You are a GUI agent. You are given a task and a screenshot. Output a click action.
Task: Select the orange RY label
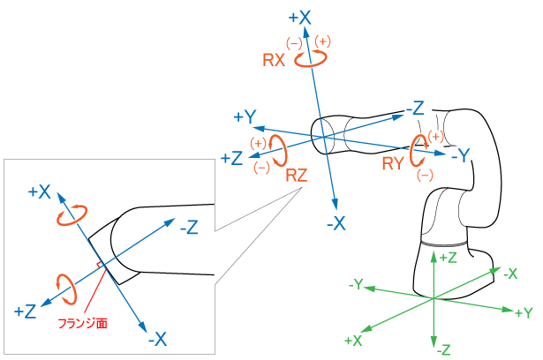coord(395,162)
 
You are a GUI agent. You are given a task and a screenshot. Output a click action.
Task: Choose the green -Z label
coord(443,349)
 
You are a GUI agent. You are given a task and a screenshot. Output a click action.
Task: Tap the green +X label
coord(353,340)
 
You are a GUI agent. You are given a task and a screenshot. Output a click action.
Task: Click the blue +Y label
coord(245,117)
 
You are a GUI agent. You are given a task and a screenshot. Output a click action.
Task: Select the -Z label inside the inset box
coord(188,228)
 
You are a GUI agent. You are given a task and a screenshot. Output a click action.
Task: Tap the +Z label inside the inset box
coord(25,311)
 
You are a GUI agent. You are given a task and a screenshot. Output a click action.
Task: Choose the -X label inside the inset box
coord(157,338)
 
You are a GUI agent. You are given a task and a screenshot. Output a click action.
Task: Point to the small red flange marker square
coord(100,265)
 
